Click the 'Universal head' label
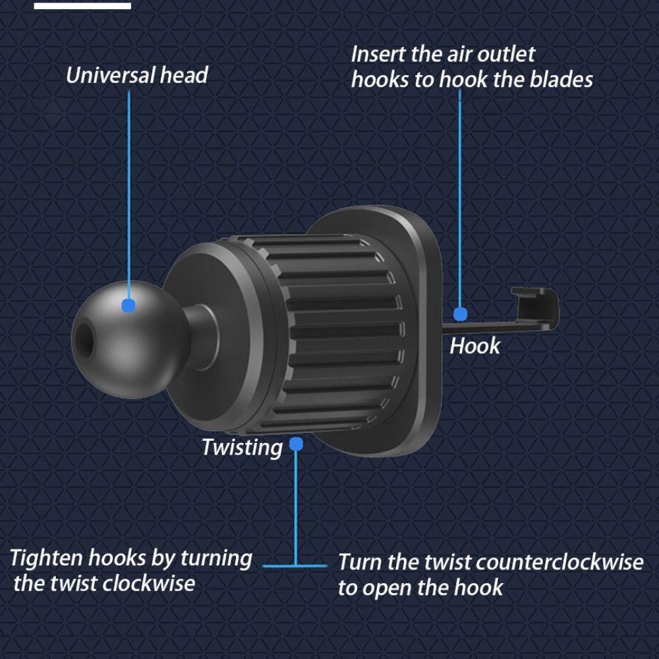click(x=136, y=75)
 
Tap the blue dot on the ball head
click(x=129, y=305)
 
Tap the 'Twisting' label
click(x=242, y=447)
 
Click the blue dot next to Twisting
click(x=296, y=444)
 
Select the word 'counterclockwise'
click(x=559, y=562)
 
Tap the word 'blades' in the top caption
click(x=561, y=80)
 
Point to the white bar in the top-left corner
click(x=82, y=6)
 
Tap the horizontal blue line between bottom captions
click(x=295, y=565)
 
